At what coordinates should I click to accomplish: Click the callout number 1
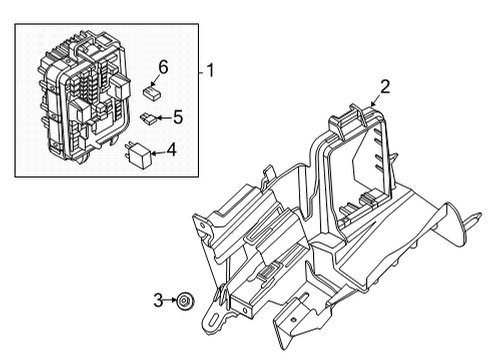[x=212, y=71]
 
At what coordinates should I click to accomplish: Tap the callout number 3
[x=158, y=299]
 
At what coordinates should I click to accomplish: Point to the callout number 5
[x=177, y=117]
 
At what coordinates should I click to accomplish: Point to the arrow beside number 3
[x=170, y=299]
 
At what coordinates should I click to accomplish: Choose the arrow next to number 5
[x=163, y=118]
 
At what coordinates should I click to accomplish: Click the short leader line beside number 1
[x=201, y=71]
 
